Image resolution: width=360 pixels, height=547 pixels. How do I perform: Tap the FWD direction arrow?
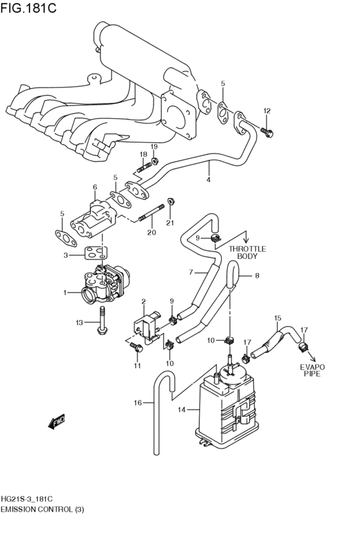coord(57,422)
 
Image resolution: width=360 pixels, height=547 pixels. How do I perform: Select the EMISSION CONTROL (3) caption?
coord(42,509)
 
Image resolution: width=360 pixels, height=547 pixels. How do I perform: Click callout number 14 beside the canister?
coord(181,409)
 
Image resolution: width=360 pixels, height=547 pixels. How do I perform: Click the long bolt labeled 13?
coord(102,322)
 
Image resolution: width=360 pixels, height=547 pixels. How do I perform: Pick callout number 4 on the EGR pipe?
coord(208,181)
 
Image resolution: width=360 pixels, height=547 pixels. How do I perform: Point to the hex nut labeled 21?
coord(171,202)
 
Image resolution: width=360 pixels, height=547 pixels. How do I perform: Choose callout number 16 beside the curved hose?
coord(137,403)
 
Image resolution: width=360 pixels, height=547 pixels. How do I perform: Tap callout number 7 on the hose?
coord(191,273)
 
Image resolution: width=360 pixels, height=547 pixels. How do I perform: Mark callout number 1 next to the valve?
coord(64,293)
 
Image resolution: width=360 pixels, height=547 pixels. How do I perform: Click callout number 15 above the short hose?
coord(278,318)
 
